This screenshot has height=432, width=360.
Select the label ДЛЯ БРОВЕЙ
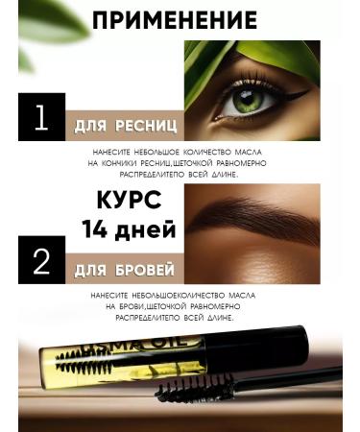point(121,272)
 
